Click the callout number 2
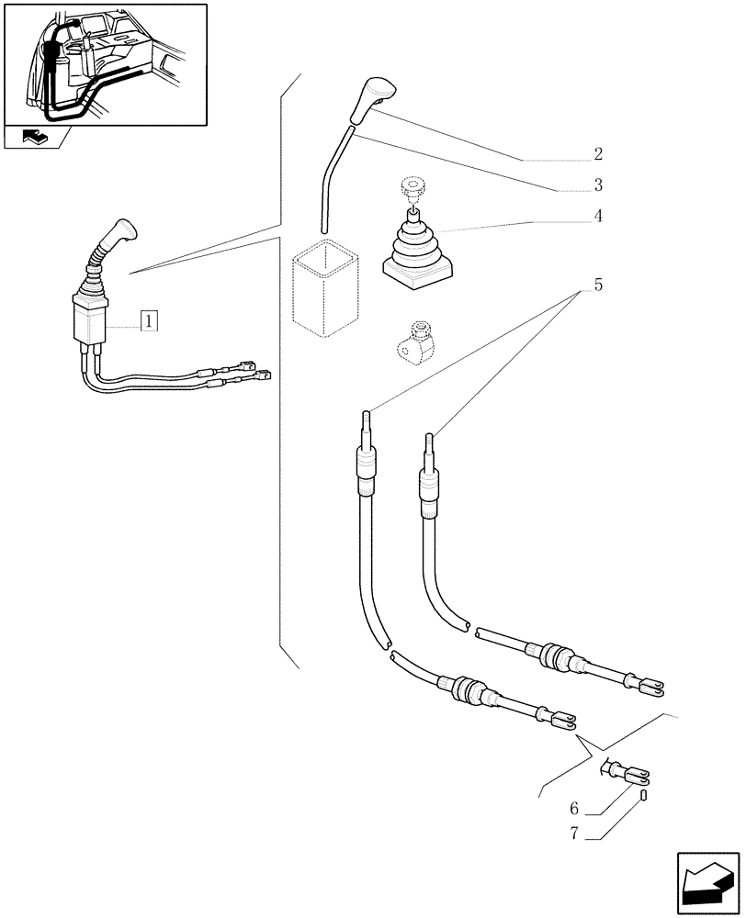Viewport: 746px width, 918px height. tap(597, 154)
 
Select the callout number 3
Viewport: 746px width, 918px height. tap(597, 185)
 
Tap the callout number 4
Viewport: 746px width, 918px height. tap(597, 217)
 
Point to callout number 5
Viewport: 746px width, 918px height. tap(597, 285)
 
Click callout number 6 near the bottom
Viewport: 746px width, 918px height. tap(573, 809)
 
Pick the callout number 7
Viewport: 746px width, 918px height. tap(573, 834)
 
